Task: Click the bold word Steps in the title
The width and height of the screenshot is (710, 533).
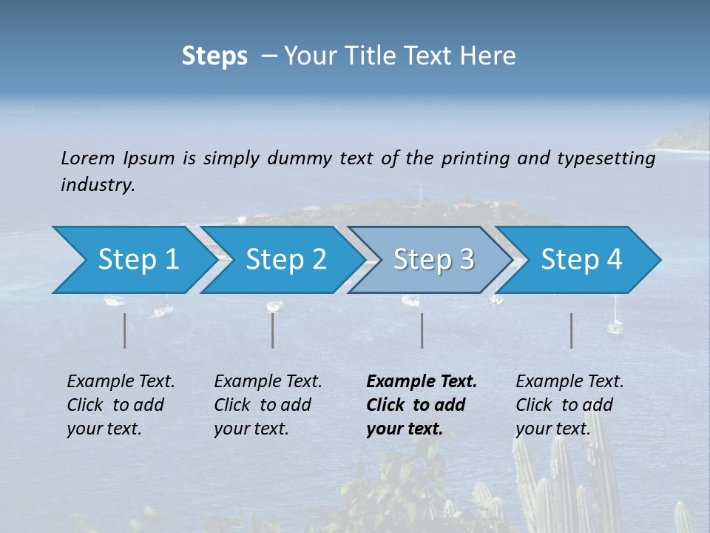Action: point(214,56)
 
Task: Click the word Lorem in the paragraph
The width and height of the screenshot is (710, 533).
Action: point(88,158)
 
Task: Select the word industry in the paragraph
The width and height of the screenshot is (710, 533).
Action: point(98,185)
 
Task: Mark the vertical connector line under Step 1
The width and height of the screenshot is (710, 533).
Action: point(125,330)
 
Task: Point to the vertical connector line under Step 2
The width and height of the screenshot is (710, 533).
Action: point(273,330)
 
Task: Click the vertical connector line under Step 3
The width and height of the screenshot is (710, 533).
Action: point(422,330)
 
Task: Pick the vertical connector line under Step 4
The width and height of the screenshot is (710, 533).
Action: point(571,330)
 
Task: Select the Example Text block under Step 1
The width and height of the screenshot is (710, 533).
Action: point(121,405)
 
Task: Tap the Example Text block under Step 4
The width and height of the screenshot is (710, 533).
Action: point(569,405)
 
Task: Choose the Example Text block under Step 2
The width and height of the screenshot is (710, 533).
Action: point(268,405)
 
